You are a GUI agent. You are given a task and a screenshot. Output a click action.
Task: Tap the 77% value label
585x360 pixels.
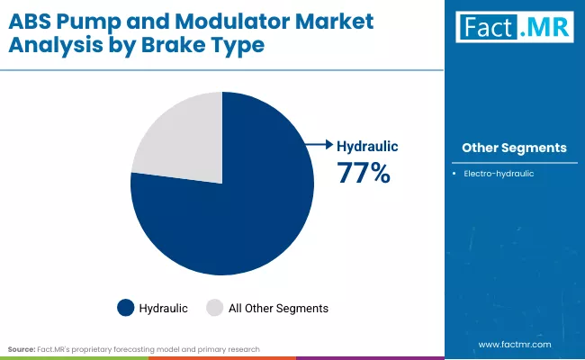[364, 172]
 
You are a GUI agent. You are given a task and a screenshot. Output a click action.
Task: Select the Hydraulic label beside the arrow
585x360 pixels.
[367, 145]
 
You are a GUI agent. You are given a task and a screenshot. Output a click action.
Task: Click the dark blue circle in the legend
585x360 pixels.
[126, 308]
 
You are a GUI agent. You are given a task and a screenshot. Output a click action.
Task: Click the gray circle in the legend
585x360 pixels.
[215, 308]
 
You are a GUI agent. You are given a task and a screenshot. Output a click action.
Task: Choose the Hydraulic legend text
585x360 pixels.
[163, 308]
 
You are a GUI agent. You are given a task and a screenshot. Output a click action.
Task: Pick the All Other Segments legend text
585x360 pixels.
[278, 308]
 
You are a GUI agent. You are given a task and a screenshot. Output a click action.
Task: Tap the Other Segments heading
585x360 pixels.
[514, 148]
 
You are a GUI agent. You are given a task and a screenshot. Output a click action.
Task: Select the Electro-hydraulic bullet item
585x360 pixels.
[499, 173]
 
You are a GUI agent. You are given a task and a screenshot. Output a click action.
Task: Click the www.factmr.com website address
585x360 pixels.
[514, 344]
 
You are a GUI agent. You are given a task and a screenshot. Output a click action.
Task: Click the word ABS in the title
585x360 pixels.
[29, 19]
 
